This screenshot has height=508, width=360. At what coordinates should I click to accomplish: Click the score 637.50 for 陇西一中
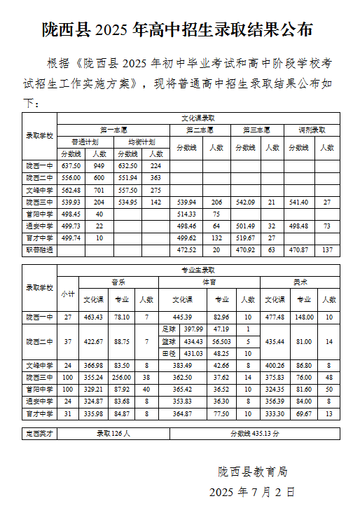[x=71, y=166]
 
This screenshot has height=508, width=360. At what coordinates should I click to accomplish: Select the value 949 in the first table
[x=99, y=166]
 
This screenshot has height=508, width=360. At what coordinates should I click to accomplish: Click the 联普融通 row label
[x=39, y=249]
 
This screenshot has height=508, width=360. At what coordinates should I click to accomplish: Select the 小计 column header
[x=68, y=294]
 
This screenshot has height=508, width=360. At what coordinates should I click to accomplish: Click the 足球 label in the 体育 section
[x=168, y=329]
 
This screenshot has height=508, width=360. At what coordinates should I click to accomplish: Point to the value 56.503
[x=221, y=341]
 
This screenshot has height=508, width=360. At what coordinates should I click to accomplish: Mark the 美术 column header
[x=300, y=282]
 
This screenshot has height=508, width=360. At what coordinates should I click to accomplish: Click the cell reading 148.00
[x=304, y=317]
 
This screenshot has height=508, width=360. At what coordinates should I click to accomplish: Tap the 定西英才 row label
[x=39, y=434]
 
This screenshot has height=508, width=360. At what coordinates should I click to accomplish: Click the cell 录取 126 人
[x=113, y=434]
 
